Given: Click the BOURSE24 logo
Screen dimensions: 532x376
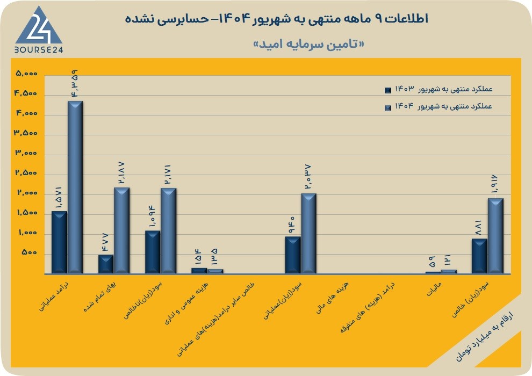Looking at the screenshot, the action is (39, 30).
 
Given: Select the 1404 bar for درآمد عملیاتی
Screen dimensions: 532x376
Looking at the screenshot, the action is (75, 187).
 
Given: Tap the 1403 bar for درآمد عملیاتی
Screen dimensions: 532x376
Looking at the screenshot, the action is (59, 242).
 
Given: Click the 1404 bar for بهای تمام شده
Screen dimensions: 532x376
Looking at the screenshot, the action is (122, 230).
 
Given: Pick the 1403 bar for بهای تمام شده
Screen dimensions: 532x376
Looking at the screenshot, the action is (106, 264).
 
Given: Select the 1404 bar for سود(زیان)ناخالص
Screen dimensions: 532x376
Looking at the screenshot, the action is (168, 231).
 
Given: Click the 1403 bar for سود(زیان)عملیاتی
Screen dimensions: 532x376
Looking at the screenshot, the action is (292, 255).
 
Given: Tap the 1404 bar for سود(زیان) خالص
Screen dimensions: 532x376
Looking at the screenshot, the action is (495, 236).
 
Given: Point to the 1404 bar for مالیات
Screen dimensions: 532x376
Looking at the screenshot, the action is (449, 272).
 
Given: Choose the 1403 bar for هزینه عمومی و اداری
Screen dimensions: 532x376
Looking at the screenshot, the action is (199, 271).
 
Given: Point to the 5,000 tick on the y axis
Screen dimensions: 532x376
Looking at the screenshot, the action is (26, 73).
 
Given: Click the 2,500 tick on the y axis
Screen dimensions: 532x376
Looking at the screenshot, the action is (26, 173).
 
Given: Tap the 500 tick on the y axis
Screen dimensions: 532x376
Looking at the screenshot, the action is (29, 252).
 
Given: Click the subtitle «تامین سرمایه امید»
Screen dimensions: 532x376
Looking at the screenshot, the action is (309, 45).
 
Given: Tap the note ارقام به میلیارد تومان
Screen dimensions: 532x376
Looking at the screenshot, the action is (484, 337).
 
